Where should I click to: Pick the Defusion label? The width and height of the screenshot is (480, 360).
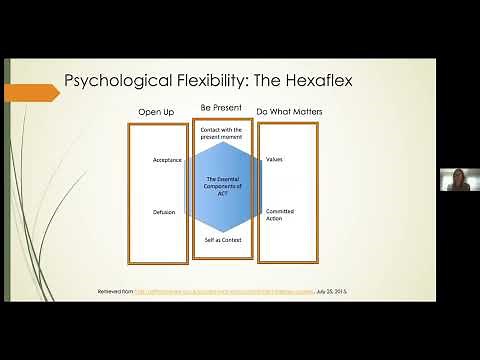(x=164, y=212)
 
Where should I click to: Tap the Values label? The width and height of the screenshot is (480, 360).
(x=277, y=160)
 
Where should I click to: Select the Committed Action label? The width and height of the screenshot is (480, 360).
(x=280, y=216)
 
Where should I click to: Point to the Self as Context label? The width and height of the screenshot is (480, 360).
(x=222, y=240)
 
